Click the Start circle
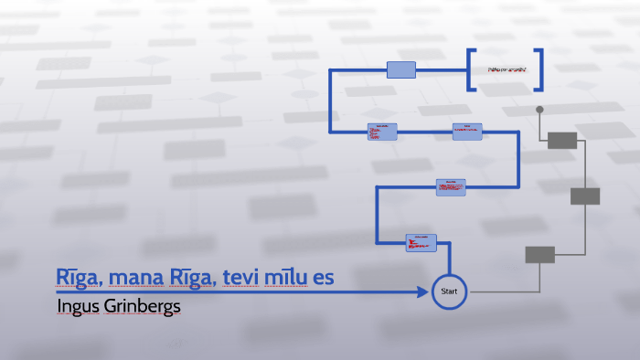tap(448, 291)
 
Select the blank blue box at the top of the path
tap(401, 69)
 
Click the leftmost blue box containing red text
tap(382, 132)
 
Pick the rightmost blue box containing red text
tap(466, 132)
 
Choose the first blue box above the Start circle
tap(421, 242)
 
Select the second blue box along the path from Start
tap(450, 186)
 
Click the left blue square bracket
tap(471, 69)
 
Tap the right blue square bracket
tap(539, 69)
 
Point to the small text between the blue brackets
tap(505, 69)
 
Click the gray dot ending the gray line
tap(539, 110)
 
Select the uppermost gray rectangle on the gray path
tap(562, 140)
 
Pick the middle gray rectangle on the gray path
tap(585, 196)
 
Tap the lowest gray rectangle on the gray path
tap(539, 254)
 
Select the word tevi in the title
tap(249, 277)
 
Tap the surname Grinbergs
tap(141, 305)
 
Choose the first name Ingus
tap(76, 305)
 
